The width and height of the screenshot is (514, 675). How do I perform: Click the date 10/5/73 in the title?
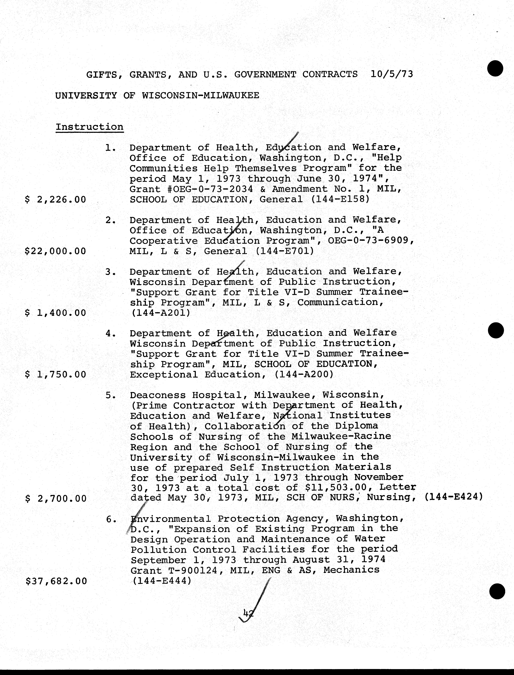[392, 74]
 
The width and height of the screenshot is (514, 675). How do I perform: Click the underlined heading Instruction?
[89, 127]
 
